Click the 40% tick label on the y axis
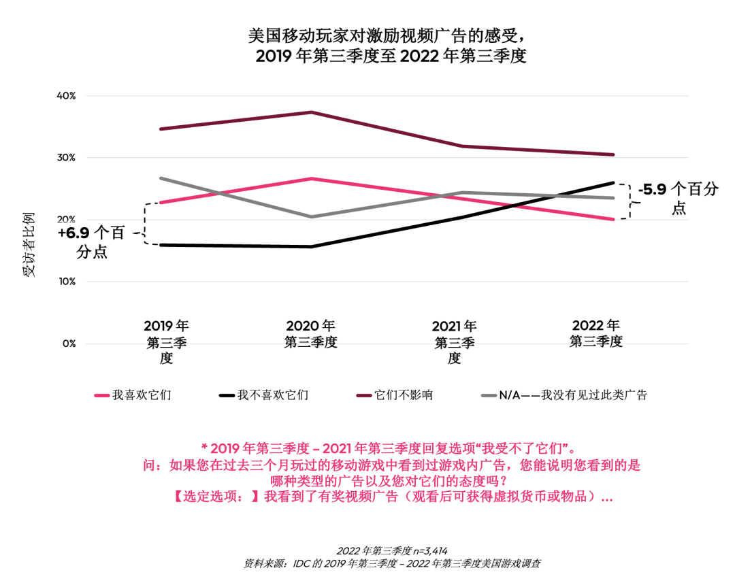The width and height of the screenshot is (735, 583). [66, 96]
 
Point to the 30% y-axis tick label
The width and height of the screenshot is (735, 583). [66, 158]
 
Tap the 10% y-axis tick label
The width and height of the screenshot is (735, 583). [66, 282]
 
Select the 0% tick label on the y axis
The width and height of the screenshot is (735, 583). [69, 344]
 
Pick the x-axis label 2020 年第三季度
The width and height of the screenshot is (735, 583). [310, 334]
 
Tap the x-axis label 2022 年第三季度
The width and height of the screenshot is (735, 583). [596, 333]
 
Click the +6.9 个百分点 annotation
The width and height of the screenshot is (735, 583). [91, 243]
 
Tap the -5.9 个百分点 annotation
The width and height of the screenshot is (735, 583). [678, 199]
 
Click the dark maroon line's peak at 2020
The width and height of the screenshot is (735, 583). [311, 112]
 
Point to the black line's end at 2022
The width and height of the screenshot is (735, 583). [613, 182]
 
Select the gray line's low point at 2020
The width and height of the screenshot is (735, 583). [311, 217]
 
